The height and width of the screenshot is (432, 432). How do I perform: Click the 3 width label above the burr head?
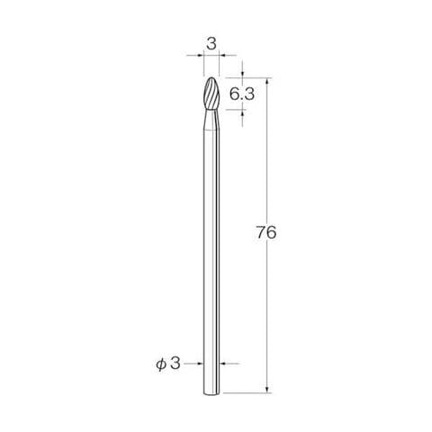pyautogui.click(x=211, y=44)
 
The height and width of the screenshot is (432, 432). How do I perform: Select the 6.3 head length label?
pyautogui.click(x=242, y=94)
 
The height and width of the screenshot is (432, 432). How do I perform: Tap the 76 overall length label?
pyautogui.click(x=266, y=232)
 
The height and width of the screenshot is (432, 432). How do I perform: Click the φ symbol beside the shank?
pyautogui.click(x=161, y=364)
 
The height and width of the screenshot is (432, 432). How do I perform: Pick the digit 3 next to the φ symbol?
pyautogui.click(x=175, y=364)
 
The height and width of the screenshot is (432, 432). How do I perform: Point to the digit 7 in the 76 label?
pyautogui.click(x=261, y=232)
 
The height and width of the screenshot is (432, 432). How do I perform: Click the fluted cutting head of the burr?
pyautogui.click(x=211, y=94)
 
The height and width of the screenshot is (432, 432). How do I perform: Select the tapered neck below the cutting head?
pyautogui.click(x=211, y=120)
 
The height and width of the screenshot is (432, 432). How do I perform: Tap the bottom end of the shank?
pyautogui.click(x=211, y=394)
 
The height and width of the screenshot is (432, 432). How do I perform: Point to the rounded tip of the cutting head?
pyautogui.click(x=211, y=77)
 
